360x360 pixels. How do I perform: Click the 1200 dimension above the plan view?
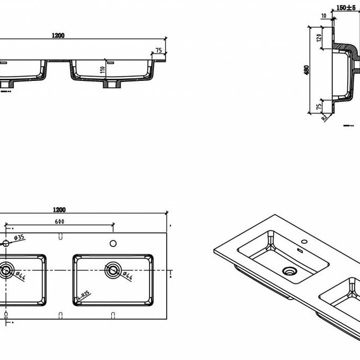pos(60,209)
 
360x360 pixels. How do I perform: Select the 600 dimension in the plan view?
pos(60,222)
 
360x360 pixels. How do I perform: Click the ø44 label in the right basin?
pos(125,275)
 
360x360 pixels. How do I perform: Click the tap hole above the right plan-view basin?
pos(113,243)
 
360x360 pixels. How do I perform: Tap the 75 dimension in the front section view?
pos(159,50)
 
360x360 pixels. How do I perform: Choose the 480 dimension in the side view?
pos(306,70)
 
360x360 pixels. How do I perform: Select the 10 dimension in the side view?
pos(323,16)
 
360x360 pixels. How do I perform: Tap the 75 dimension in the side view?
pos(319,105)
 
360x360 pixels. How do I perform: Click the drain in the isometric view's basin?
pos(288,271)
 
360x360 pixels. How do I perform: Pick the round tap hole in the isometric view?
pos(303,242)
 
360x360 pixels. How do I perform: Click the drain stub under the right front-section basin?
pos(111,85)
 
